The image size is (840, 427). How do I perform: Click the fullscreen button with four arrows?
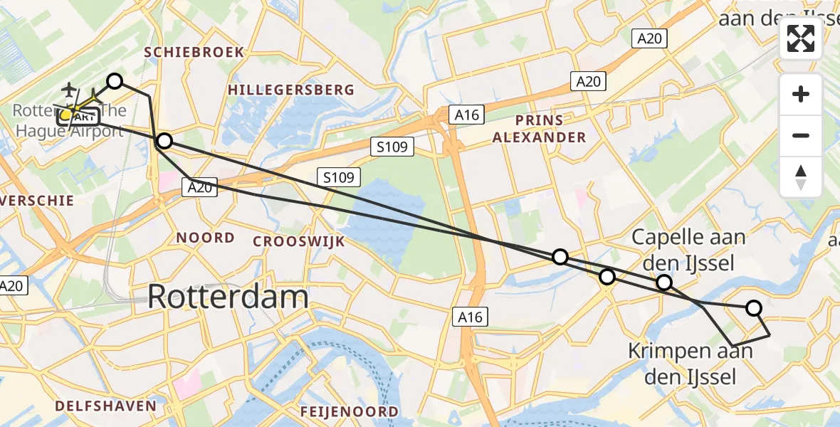pos(801,39)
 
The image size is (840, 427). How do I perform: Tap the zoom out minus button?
pos(801,135)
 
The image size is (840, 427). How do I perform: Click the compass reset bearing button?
pos(801,176)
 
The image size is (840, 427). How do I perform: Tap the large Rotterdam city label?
pos(228,297)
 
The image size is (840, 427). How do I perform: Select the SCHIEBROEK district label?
pos(194,52)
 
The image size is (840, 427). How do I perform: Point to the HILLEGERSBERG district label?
pos(291,90)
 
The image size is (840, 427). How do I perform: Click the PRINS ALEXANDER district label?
pos(540,129)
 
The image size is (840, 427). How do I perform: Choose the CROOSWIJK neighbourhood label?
pos(299,241)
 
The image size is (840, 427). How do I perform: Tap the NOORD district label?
pos(205,238)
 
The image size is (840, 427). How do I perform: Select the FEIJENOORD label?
pos(349,411)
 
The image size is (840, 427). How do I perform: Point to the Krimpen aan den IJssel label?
pos(691,364)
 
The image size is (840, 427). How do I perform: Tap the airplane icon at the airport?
pos(69,90)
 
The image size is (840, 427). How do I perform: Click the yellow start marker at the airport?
pos(65,115)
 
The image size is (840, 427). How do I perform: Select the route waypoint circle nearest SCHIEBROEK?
pos(115,81)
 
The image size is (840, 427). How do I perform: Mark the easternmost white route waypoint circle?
pos(753,308)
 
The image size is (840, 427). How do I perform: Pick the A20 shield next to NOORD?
pos(199,186)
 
